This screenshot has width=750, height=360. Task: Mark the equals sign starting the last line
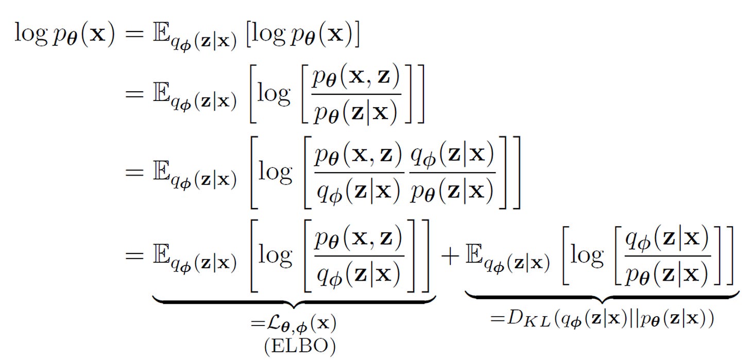point(135,256)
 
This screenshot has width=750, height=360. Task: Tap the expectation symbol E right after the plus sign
point(475,256)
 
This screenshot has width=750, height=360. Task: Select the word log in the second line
point(275,96)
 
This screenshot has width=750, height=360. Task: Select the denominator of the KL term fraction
point(668,276)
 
